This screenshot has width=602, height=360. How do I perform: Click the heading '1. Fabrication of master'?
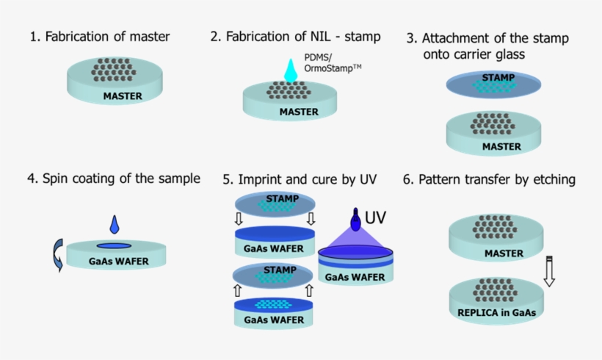100,36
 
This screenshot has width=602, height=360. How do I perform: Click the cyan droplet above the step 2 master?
291,70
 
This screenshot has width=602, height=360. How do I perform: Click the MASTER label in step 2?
299,112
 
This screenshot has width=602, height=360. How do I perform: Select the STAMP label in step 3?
498,77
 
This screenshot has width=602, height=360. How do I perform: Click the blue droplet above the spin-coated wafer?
114,223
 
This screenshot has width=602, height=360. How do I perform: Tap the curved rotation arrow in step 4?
57,255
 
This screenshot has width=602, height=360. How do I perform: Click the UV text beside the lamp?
375,217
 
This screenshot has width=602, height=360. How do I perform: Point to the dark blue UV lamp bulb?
355,222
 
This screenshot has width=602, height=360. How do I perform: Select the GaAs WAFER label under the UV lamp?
355,277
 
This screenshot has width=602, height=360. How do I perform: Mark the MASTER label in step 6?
504,253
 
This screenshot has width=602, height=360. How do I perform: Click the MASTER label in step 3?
502,146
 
